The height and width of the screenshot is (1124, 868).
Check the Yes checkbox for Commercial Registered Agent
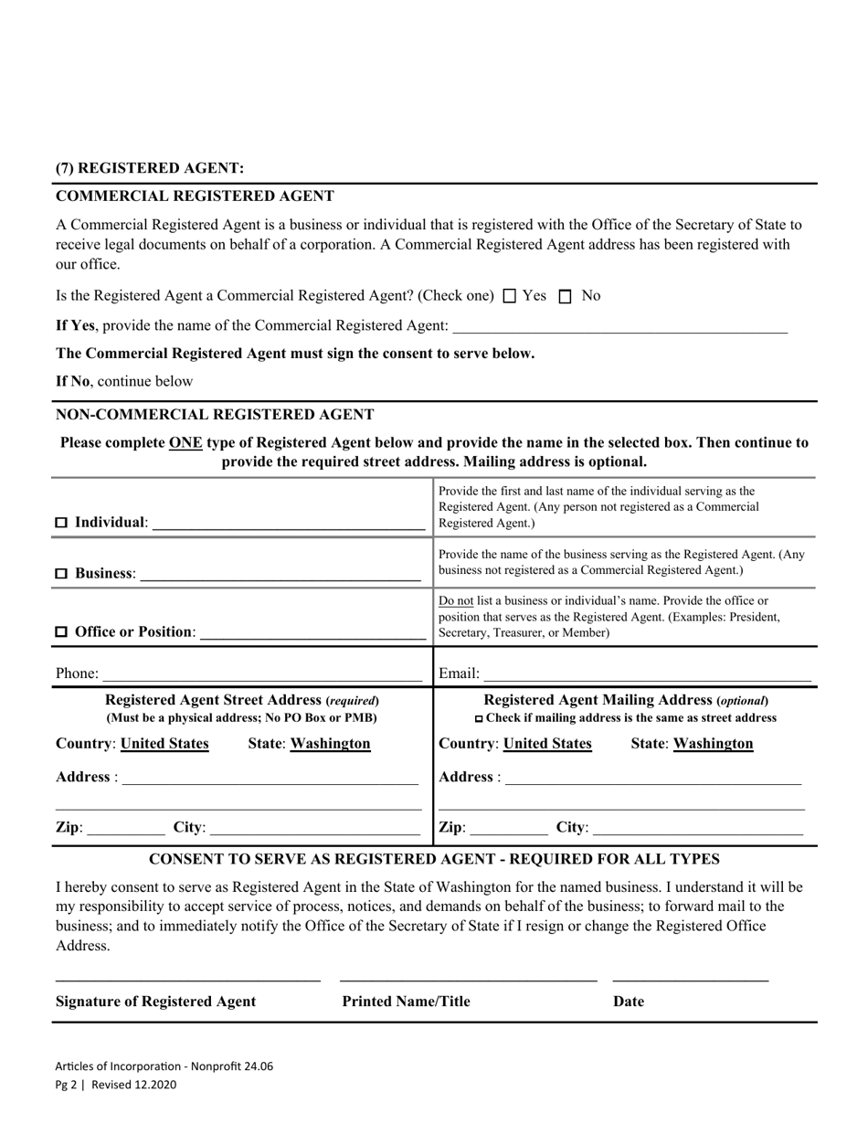510,296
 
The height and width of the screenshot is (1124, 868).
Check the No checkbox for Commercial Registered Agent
565,296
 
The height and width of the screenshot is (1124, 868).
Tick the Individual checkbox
62,523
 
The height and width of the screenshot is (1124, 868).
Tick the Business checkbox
62,574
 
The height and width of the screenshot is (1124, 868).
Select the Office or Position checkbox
62,632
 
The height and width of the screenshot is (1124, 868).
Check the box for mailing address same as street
480,719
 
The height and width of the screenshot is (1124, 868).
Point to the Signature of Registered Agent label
156,1002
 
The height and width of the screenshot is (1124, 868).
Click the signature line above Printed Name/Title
468,980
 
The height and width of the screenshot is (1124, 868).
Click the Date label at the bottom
629,1002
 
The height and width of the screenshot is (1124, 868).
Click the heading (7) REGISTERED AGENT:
150,168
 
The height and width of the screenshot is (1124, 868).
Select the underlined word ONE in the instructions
185,442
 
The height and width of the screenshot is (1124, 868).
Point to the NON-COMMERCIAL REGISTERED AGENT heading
215,414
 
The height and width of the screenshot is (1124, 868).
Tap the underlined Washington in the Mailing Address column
713,744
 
